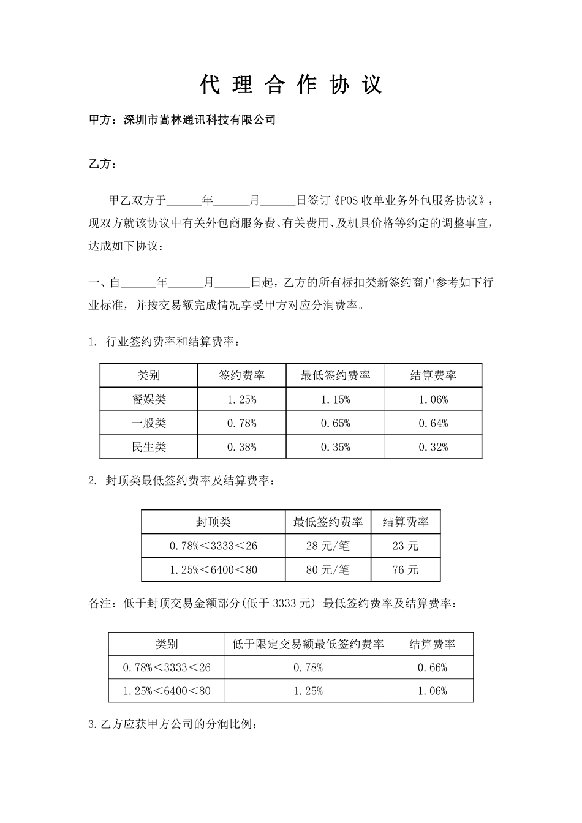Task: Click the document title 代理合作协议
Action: coord(291,85)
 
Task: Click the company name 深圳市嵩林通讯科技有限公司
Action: coord(199,120)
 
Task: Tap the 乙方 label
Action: coord(102,164)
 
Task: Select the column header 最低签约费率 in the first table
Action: coord(335,375)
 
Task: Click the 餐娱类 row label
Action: coord(149,399)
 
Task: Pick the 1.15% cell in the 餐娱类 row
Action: coord(335,399)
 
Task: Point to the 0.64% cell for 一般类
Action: coord(433,423)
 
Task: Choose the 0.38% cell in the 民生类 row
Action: coord(241,447)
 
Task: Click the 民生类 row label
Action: coord(149,447)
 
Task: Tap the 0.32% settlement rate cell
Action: coord(433,447)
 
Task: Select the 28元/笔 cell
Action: coord(328,546)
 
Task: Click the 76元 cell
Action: coord(405,569)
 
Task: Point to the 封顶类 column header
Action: coord(213,522)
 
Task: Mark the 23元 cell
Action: coord(405,546)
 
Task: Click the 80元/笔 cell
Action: coord(328,569)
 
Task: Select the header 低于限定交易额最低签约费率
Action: coord(308,644)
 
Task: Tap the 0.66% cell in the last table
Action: coord(432,667)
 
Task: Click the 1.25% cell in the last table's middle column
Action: coord(308,691)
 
